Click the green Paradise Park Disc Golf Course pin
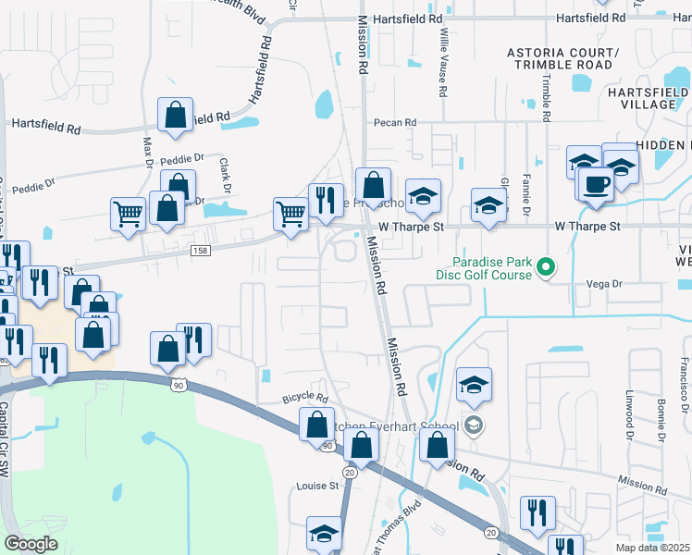point(545,268)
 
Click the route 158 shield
point(199,251)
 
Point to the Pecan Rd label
point(395,122)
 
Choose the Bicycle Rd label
point(306,399)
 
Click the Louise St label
point(318,486)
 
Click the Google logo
point(31,544)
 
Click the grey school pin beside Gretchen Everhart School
point(474,425)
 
